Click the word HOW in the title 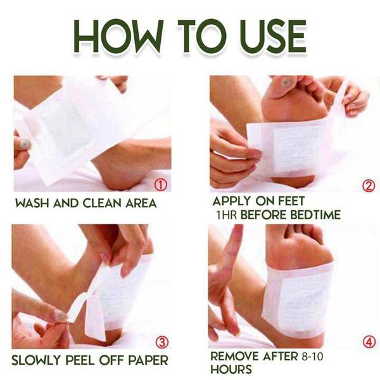click(117, 36)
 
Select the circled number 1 click(160, 185)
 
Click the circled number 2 click(369, 186)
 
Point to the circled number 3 click(162, 343)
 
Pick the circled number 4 click(369, 342)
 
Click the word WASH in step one click(33, 203)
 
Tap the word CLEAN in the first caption click(102, 203)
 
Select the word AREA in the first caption click(141, 203)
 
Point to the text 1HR click(226, 215)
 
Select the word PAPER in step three click(148, 360)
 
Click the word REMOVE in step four click(234, 356)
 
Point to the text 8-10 click(312, 356)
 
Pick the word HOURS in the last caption click(231, 369)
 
